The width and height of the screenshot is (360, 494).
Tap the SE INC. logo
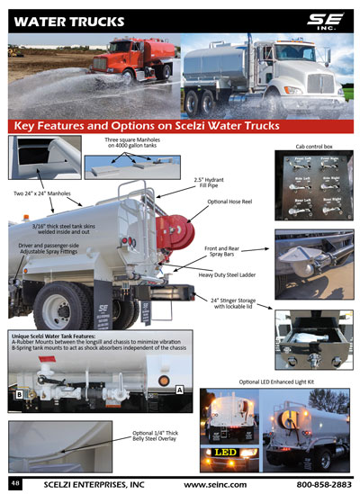[325, 18]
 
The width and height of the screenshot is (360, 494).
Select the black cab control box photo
[310, 188]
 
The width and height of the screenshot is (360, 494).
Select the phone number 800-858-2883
[316, 484]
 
